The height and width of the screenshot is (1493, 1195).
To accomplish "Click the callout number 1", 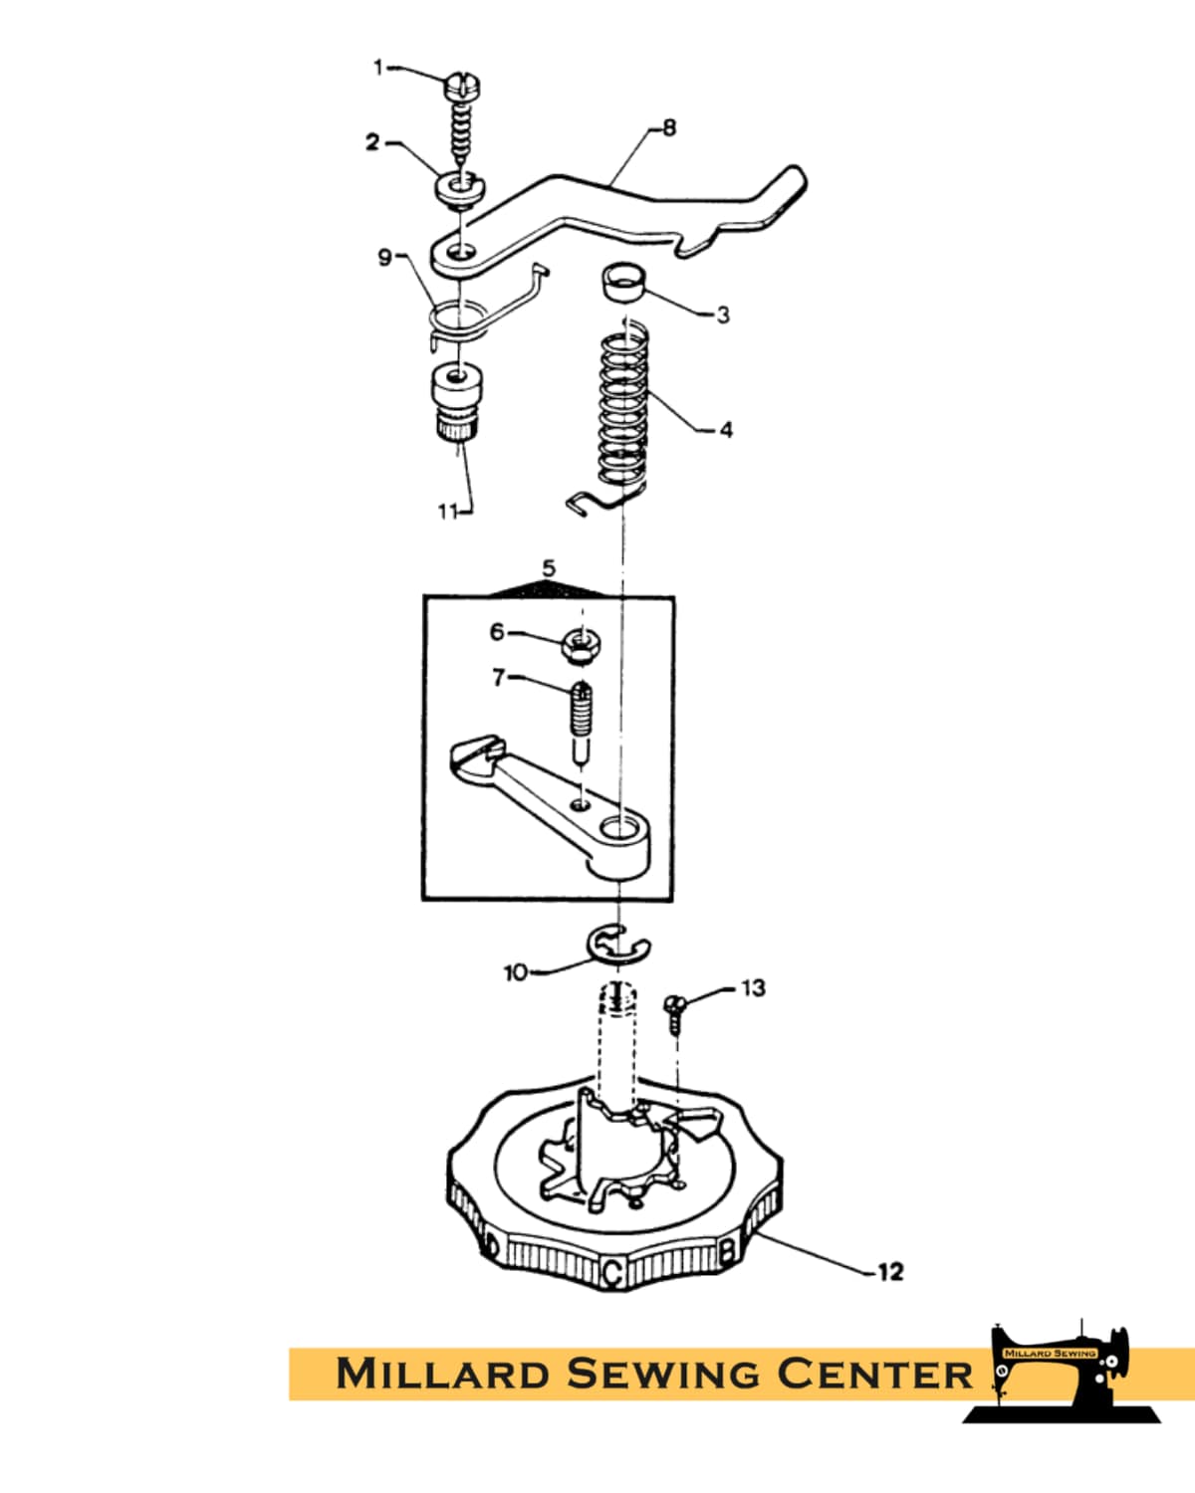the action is point(378,68).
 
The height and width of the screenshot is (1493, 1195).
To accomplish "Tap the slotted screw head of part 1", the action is point(462,87).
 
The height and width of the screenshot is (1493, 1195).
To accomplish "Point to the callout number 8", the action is point(668,127).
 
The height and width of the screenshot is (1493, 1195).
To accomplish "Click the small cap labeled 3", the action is point(623,281).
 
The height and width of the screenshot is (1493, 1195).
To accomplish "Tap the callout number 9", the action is point(385,258).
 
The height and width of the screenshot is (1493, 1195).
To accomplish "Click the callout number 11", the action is point(448,512).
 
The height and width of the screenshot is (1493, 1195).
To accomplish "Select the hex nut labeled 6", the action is point(582,645).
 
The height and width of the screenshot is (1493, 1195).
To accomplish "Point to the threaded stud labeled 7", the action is point(582,722).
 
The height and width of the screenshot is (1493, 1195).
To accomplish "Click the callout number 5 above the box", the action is point(549,568).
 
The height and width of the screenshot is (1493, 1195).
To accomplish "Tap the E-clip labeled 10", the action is point(618,945).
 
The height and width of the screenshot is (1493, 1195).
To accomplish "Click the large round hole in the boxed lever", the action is point(619,827).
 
